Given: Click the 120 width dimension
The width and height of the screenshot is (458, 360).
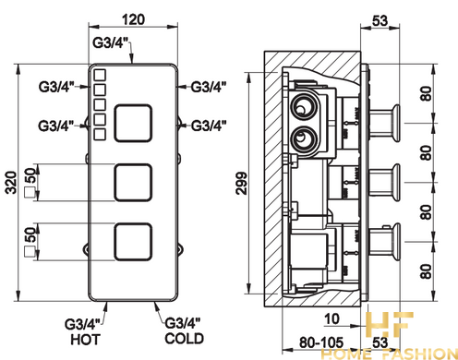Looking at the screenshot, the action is [x=133, y=19].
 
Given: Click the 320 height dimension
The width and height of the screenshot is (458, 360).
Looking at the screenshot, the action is [x=11, y=183].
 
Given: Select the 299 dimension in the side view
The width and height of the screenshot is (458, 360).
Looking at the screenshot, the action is [x=241, y=183].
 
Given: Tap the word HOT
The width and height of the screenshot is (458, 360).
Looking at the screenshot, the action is [x=85, y=340].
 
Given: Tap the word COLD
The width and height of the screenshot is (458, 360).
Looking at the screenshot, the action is [x=184, y=339].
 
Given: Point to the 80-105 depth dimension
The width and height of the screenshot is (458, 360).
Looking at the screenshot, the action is [x=321, y=342].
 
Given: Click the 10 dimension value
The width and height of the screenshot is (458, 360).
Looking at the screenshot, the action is [x=331, y=319].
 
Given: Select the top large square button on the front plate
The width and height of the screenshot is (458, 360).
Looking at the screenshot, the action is [x=133, y=123].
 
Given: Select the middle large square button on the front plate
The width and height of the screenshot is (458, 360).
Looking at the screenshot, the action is [x=133, y=183].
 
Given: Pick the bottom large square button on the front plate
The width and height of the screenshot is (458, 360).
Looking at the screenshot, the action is [x=133, y=242].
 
